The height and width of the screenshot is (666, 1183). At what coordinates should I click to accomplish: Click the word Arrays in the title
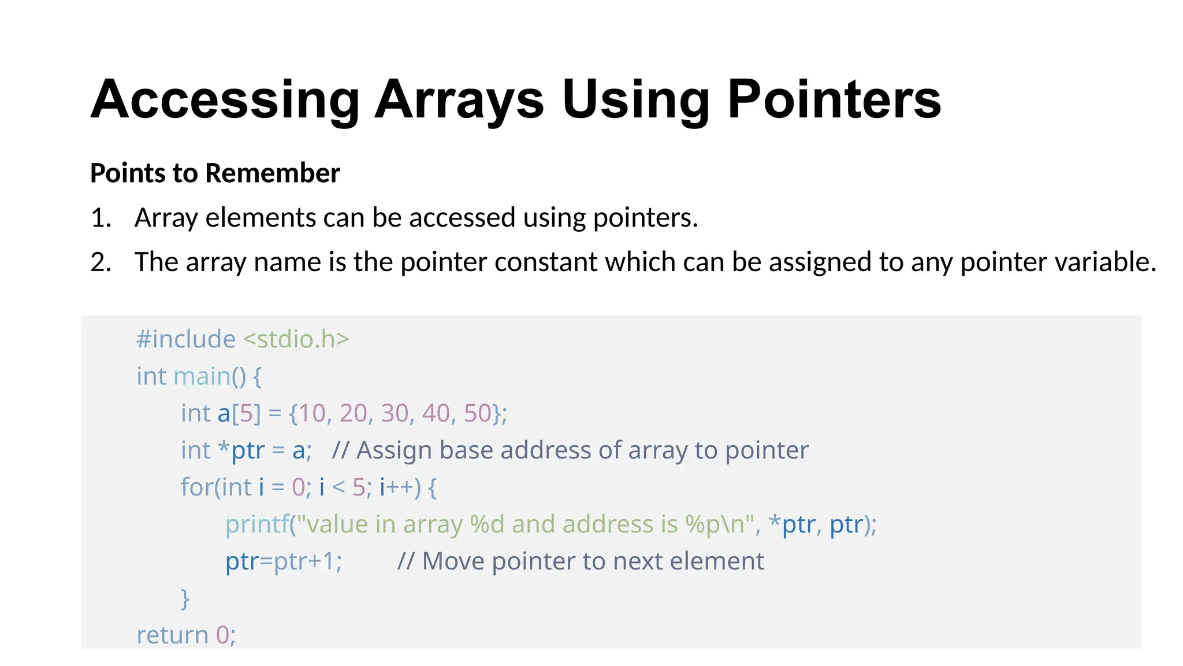click(x=459, y=99)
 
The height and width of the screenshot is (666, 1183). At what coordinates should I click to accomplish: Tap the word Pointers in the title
click(x=834, y=99)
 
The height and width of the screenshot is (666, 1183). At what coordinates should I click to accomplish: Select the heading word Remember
click(x=273, y=173)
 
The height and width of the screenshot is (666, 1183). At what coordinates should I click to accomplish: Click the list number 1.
click(x=101, y=218)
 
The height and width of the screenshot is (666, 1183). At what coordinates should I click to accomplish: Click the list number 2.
click(x=101, y=262)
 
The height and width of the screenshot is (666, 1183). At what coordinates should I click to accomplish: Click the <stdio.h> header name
click(x=296, y=339)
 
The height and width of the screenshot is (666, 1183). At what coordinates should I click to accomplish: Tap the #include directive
click(x=185, y=339)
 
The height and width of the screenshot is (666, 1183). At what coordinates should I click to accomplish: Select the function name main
click(x=202, y=376)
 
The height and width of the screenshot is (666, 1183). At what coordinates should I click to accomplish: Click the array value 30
click(x=395, y=413)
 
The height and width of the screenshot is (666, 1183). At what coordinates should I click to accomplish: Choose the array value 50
click(x=478, y=413)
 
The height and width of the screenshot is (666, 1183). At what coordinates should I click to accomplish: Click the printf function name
click(x=256, y=524)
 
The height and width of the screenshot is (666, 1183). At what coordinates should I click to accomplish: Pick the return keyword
click(x=172, y=635)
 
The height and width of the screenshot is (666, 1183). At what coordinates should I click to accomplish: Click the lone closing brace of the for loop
click(x=185, y=598)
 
